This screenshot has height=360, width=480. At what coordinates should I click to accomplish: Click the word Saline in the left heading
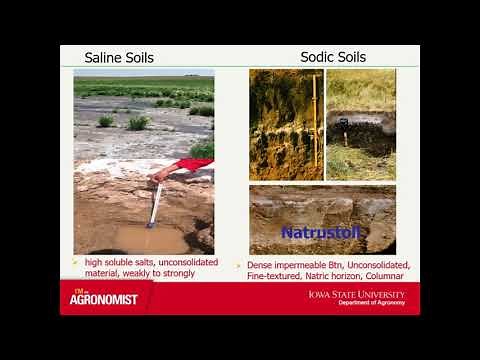104,58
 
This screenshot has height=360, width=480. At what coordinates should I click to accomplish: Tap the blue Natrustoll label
311,233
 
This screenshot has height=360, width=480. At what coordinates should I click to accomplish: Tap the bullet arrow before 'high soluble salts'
75,262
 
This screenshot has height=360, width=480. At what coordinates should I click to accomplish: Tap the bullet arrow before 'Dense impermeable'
239,265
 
